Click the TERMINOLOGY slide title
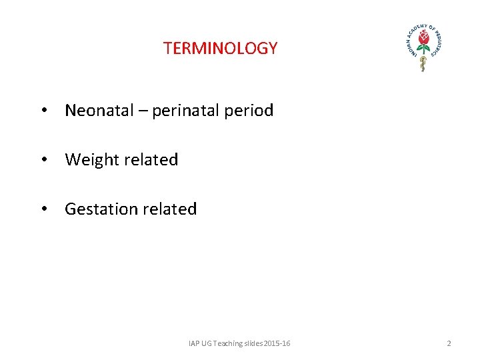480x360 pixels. click(x=220, y=49)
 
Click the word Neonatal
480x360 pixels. click(x=99, y=111)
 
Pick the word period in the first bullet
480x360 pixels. click(x=249, y=111)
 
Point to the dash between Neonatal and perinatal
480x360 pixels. click(x=143, y=111)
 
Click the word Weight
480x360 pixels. click(x=91, y=160)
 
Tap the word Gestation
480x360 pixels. click(x=101, y=209)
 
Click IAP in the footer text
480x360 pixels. click(x=194, y=343)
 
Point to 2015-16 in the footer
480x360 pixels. click(x=277, y=343)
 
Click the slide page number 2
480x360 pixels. click(x=449, y=343)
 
